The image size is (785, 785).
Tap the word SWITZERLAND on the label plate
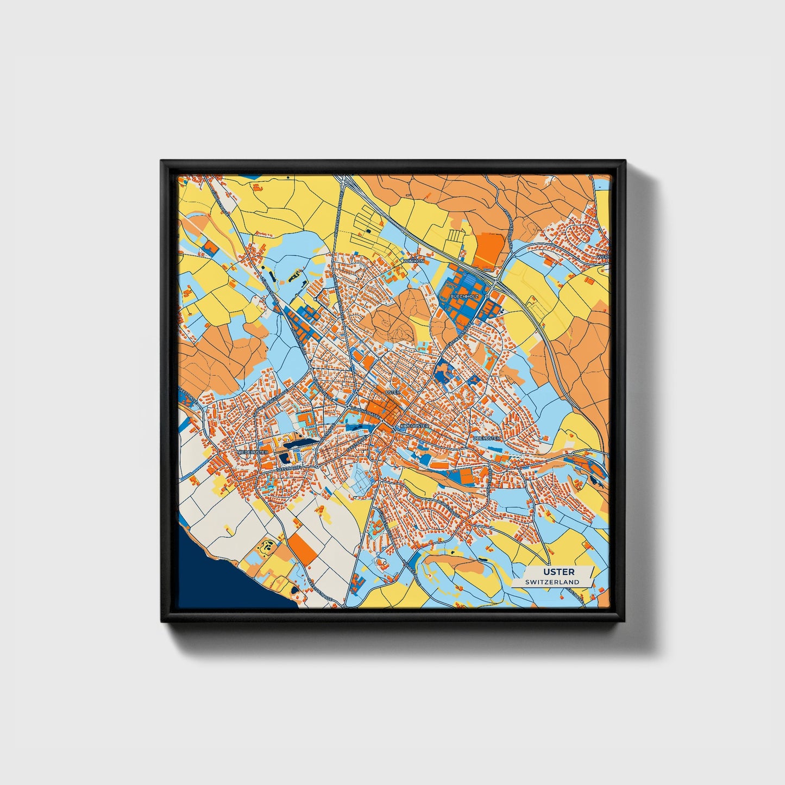552,582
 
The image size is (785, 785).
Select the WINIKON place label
413,261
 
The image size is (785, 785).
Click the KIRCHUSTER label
415,426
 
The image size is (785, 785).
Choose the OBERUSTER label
486,438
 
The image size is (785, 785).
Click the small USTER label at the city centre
392,392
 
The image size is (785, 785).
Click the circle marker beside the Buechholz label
487,296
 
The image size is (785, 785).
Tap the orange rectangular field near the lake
302,548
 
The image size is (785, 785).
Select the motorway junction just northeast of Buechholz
499,278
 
